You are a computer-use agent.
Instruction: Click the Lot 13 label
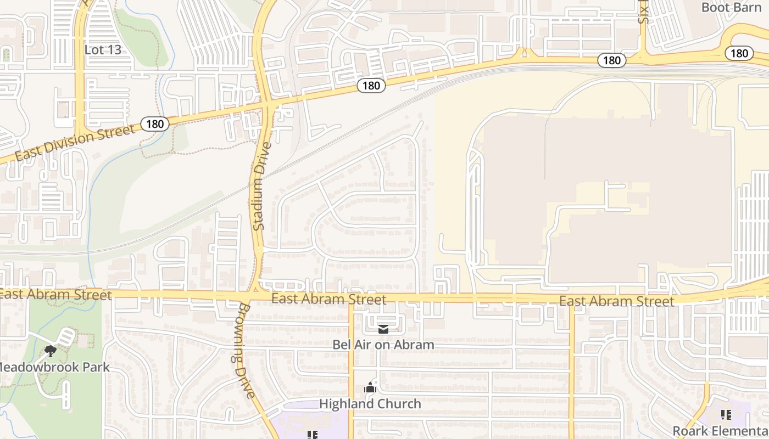click(x=103, y=50)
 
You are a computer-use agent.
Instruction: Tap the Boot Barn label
click(x=731, y=8)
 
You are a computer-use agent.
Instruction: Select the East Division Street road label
click(x=74, y=143)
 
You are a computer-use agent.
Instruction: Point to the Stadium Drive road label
click(x=263, y=187)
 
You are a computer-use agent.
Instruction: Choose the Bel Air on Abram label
click(x=383, y=345)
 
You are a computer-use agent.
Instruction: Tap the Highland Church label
click(x=370, y=404)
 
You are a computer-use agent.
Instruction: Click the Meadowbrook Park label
click(x=54, y=367)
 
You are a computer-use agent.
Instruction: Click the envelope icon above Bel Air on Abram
click(x=383, y=329)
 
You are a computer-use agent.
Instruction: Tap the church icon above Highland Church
click(x=370, y=388)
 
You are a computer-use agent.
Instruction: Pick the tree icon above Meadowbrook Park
click(x=51, y=351)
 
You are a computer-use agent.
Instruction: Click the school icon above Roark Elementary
click(x=726, y=415)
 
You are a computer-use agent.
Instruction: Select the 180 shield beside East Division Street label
click(x=155, y=124)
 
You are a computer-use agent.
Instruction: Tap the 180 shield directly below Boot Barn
click(x=739, y=53)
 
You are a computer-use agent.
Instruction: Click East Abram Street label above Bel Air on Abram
click(x=328, y=299)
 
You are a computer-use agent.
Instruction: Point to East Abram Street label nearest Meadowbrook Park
click(x=55, y=295)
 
